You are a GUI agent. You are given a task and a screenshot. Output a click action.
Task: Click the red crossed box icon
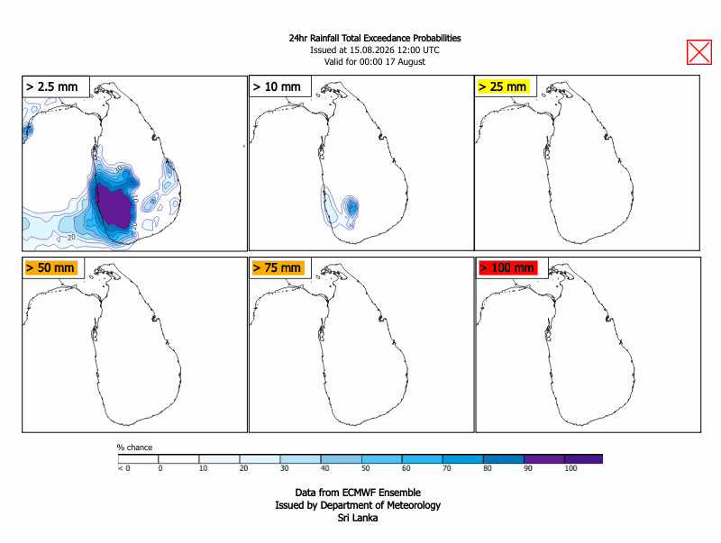pyautogui.click(x=699, y=52)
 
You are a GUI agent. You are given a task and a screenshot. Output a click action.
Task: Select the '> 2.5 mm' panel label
pyautogui.click(x=52, y=86)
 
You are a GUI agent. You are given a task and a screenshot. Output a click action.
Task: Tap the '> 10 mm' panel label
pyautogui.click(x=277, y=86)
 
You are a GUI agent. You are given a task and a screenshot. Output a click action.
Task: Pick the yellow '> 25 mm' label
pyautogui.click(x=502, y=86)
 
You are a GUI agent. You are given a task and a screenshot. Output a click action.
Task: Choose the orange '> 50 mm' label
pyautogui.click(x=50, y=267)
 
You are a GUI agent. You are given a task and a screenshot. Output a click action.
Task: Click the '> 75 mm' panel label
pyautogui.click(x=277, y=267)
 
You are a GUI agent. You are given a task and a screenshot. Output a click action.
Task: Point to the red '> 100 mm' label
pyautogui.click(x=507, y=267)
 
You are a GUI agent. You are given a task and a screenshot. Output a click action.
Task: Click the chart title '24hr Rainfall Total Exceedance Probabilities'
pyautogui.click(x=375, y=38)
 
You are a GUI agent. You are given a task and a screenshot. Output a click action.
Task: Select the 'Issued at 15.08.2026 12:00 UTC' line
pyautogui.click(x=375, y=50)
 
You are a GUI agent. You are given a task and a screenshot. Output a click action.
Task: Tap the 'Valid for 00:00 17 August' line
pyautogui.click(x=375, y=61)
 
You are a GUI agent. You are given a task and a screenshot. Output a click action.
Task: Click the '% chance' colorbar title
pyautogui.click(x=134, y=448)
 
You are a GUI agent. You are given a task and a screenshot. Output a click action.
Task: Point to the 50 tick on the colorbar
pyautogui.click(x=366, y=468)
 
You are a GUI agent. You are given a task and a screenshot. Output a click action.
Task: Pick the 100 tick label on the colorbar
pyautogui.click(x=570, y=468)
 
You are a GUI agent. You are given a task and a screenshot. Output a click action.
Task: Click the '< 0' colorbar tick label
pyautogui.click(x=124, y=468)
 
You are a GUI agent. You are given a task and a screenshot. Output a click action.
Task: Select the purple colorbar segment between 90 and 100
pyautogui.click(x=544, y=459)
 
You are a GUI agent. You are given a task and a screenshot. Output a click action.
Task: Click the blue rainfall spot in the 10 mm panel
pyautogui.click(x=351, y=206)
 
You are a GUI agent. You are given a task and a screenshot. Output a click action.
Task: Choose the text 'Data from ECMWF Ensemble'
pyautogui.click(x=358, y=493)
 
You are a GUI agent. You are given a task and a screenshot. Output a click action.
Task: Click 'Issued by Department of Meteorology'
pyautogui.click(x=358, y=505)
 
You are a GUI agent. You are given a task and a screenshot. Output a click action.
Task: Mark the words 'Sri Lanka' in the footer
pyautogui.click(x=358, y=518)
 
